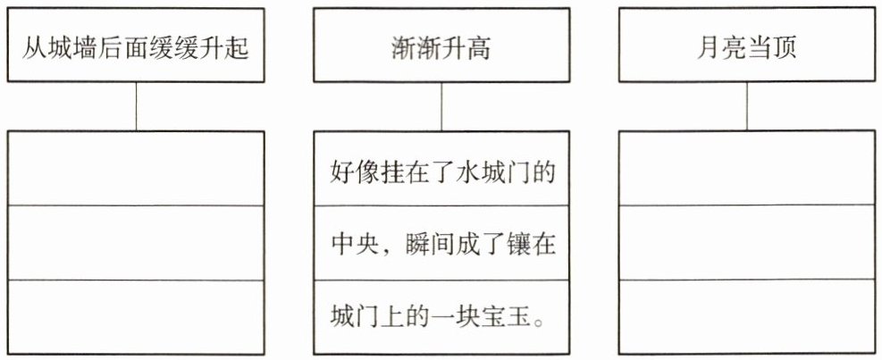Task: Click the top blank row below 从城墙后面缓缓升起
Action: pyautogui.click(x=136, y=169)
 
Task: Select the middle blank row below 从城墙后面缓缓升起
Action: pyautogui.click(x=136, y=243)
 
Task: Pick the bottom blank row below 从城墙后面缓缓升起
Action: pyautogui.click(x=136, y=317)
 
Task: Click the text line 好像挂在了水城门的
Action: pyautogui.click(x=441, y=171)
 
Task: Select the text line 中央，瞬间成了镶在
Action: pyautogui.click(x=441, y=245)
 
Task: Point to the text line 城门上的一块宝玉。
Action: pyautogui.click(x=441, y=318)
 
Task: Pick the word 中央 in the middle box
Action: pyautogui.click(x=349, y=245)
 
